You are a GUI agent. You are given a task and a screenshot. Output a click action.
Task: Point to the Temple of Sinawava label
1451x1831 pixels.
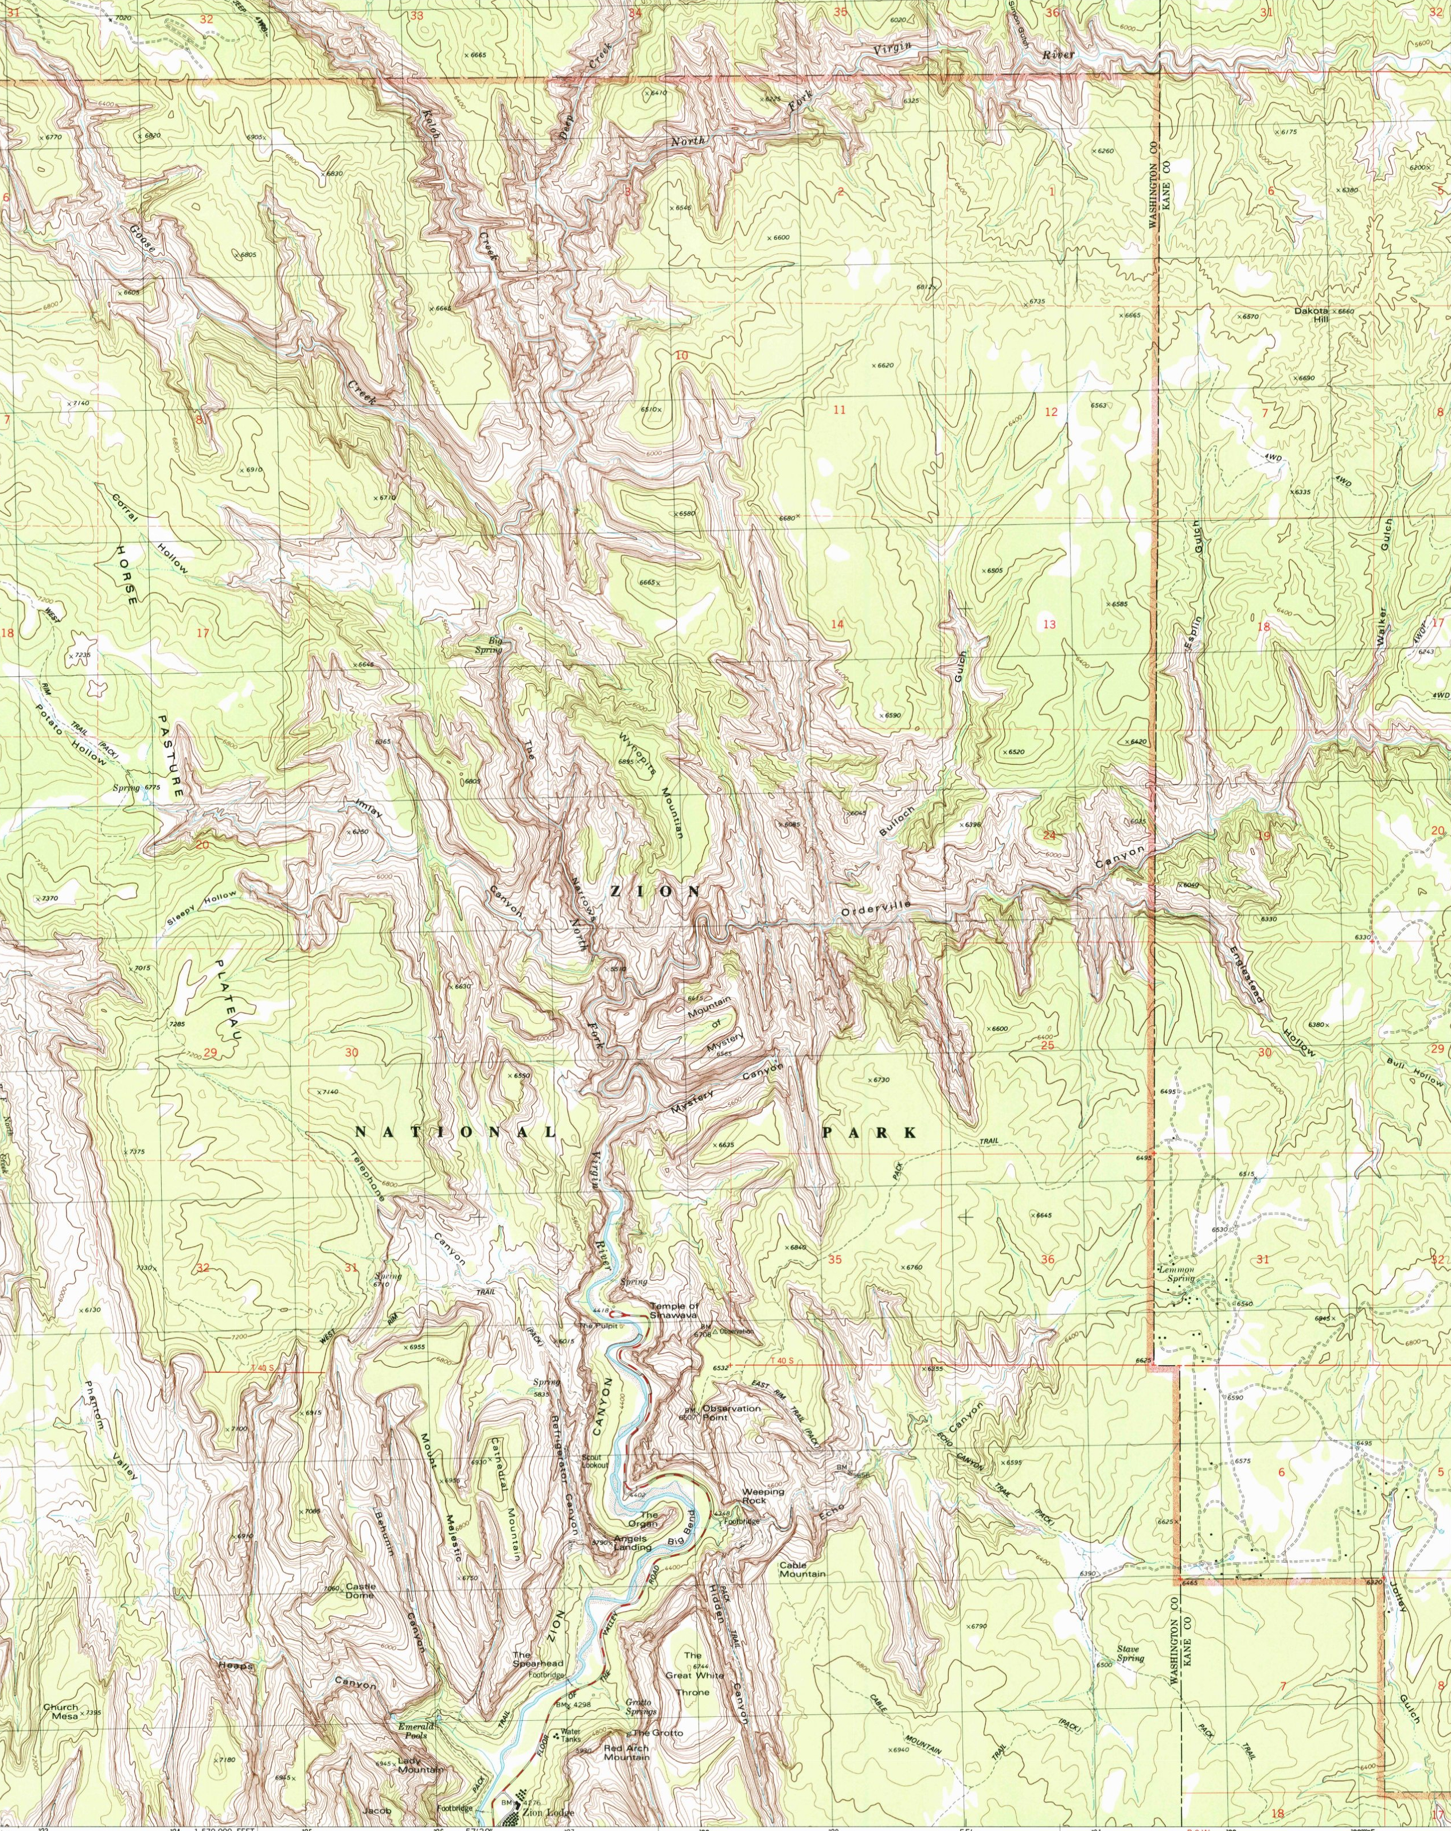click(674, 1310)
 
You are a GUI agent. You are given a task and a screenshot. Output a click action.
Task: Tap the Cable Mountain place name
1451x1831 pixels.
click(802, 1569)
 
